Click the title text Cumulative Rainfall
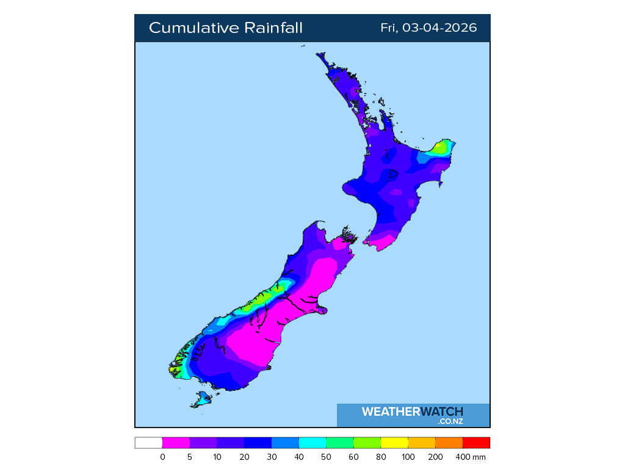(225, 28)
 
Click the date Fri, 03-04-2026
(428, 28)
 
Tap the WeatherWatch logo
(413, 412)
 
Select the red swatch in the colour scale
(476, 443)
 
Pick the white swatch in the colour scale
(148, 443)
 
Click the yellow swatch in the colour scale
(394, 443)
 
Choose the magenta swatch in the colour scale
(176, 443)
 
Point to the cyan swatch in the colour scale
(312, 443)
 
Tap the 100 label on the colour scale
(408, 457)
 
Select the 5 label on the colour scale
(190, 457)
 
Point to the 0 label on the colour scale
(162, 457)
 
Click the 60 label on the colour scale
(353, 457)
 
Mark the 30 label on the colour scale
(272, 457)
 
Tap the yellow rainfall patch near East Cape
(441, 147)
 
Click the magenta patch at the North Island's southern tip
(382, 243)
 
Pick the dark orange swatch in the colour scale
(449, 443)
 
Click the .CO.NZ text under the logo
(450, 421)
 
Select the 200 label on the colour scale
(436, 457)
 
